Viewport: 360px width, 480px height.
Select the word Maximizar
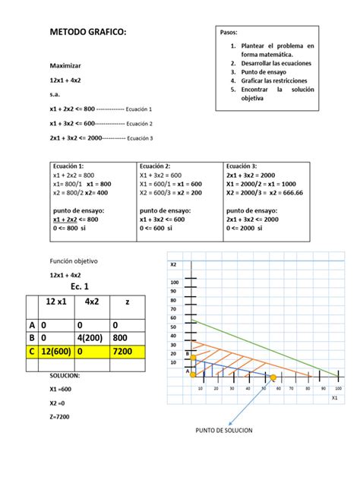click(x=65, y=67)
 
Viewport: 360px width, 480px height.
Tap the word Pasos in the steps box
click(x=229, y=34)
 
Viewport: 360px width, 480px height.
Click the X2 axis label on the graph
click(x=174, y=264)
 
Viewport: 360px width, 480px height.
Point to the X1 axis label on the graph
click(x=334, y=396)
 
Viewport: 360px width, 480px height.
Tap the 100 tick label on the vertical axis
click(x=175, y=282)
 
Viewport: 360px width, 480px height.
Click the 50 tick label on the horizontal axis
click(x=262, y=388)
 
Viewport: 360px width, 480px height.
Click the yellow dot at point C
click(x=273, y=377)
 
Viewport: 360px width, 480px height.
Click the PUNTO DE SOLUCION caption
click(x=224, y=431)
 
